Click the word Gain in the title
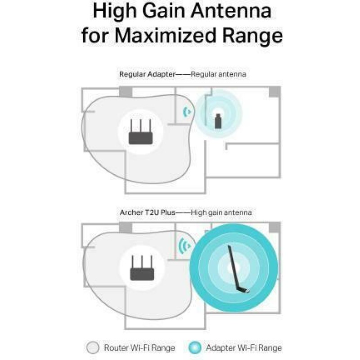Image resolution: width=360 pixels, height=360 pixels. [x=164, y=12]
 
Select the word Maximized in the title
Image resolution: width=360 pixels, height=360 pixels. [x=165, y=36]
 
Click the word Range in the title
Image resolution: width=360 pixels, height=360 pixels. [x=252, y=36]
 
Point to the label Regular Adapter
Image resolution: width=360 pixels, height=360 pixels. [x=148, y=74]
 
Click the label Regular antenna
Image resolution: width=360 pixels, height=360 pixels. [x=218, y=74]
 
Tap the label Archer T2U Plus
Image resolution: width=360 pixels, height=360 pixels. [x=148, y=212]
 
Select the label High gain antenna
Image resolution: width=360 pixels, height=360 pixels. [x=221, y=213]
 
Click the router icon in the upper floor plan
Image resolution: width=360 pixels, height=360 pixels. [x=140, y=132]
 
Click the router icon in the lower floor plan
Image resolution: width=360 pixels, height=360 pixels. [x=142, y=268]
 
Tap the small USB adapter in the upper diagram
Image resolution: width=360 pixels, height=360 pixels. [x=218, y=121]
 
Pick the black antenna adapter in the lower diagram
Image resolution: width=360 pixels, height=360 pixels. [x=238, y=269]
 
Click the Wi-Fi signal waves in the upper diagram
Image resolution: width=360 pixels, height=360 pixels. [x=187, y=112]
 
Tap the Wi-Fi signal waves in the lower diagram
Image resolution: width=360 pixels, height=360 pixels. [x=184, y=246]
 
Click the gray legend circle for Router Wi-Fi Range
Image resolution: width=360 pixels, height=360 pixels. [x=93, y=347]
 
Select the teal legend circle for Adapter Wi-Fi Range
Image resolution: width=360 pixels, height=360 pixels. [x=195, y=347]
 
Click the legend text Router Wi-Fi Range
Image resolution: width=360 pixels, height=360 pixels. [x=139, y=348]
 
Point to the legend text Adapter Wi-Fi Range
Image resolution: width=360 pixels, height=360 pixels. [x=244, y=348]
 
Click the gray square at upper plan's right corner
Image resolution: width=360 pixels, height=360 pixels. [x=274, y=92]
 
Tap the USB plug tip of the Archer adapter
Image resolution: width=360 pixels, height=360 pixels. [x=248, y=292]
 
